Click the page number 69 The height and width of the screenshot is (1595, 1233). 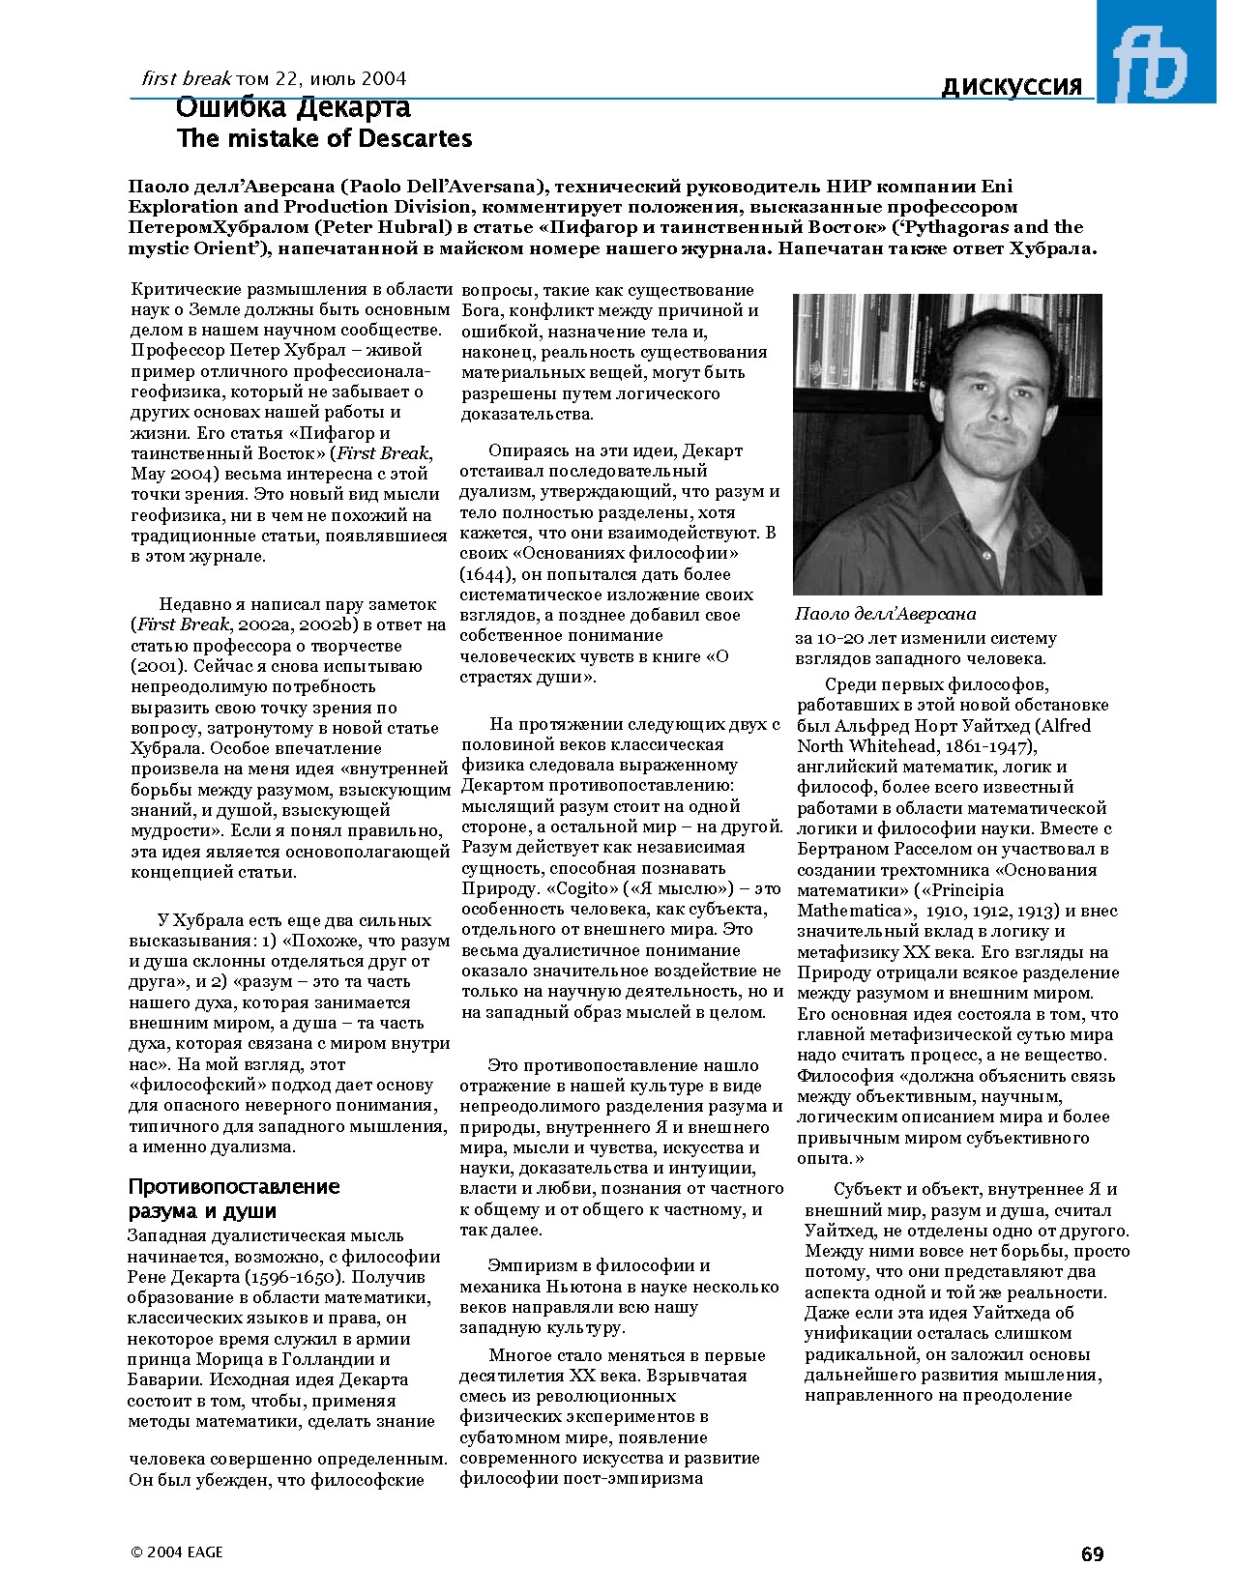click(x=1092, y=1555)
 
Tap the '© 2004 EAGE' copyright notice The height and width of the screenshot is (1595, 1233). click(x=177, y=1552)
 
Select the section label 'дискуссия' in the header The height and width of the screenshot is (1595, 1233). click(x=1012, y=87)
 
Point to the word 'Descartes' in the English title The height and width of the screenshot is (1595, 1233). click(x=415, y=139)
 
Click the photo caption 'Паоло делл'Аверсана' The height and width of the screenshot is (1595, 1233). click(x=886, y=614)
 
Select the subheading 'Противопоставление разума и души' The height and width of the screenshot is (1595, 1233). click(x=233, y=1199)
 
